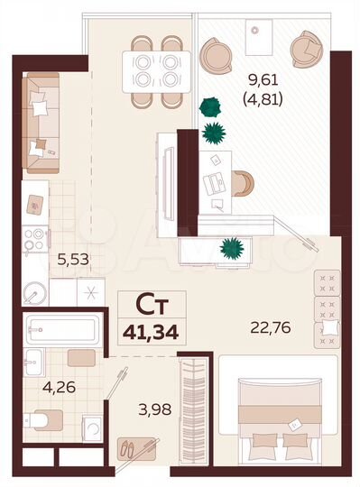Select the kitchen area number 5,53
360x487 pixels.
point(75,261)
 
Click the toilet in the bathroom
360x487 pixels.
point(42,420)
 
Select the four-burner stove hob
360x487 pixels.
point(35,238)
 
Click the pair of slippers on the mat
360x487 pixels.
point(134,447)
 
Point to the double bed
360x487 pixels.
point(272,414)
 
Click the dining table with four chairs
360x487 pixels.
point(157,67)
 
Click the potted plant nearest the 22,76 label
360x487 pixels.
point(231,245)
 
